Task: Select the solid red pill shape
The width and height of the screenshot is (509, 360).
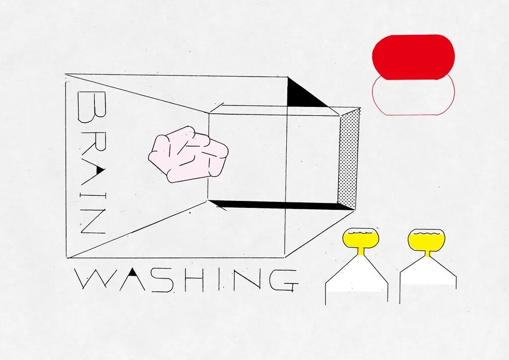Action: click(413, 57)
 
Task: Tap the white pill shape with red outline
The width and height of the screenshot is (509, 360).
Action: click(413, 97)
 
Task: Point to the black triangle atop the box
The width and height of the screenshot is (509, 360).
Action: click(300, 95)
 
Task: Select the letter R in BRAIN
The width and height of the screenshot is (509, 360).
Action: click(92, 140)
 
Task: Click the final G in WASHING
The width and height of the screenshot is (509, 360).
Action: click(282, 280)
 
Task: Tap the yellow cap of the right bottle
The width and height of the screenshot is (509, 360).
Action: click(426, 239)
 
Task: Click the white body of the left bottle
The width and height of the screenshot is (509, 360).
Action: click(356, 278)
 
